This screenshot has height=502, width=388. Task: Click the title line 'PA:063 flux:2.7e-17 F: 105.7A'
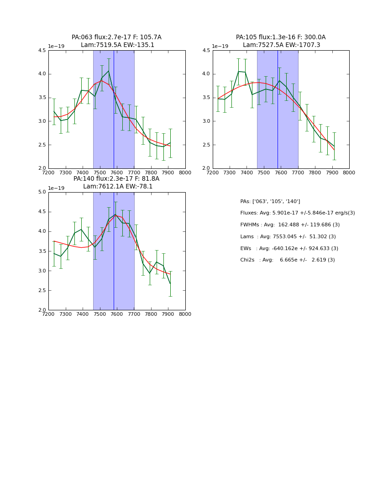[116, 37]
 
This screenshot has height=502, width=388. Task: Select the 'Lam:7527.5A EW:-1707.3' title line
[281, 45]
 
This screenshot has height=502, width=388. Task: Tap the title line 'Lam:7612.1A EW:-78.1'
[118, 187]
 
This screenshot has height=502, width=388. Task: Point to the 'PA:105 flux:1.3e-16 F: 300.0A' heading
[281, 37]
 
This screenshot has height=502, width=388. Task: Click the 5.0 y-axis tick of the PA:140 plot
[42, 192]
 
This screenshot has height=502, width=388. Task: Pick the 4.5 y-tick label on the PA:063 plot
[42, 51]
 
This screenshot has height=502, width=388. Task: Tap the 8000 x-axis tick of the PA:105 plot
[349, 173]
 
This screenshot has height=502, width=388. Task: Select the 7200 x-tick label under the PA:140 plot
[48, 314]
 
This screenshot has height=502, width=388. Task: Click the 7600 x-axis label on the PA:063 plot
[117, 173]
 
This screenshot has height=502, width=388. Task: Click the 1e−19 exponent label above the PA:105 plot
[220, 46]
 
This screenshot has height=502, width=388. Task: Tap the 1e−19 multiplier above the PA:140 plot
[56, 188]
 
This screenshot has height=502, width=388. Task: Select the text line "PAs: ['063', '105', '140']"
[270, 202]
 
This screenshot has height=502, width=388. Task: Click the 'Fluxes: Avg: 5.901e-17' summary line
[298, 213]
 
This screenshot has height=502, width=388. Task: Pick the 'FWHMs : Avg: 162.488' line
[290, 225]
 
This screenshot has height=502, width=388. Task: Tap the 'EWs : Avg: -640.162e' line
[289, 249]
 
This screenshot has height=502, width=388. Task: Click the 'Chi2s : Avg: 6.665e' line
[288, 260]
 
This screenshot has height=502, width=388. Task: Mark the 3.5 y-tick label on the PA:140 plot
[42, 251]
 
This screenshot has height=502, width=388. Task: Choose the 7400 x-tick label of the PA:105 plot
[246, 173]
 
